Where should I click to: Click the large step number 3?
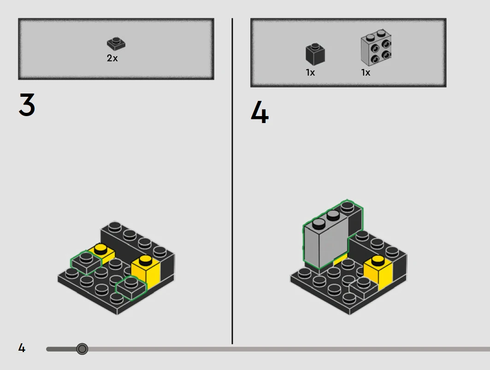(27, 105)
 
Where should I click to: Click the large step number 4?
(260, 112)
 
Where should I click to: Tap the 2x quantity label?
(112, 58)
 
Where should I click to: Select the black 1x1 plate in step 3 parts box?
(116, 44)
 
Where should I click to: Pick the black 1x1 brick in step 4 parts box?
(315, 54)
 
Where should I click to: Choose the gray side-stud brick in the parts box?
(376, 48)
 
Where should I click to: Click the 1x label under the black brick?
(310, 72)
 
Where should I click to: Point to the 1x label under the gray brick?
(366, 72)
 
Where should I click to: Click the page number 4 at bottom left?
(22, 348)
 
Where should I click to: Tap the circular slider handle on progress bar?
(82, 349)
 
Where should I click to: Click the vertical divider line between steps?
(232, 181)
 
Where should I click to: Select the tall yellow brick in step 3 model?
(146, 272)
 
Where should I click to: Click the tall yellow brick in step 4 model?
(378, 272)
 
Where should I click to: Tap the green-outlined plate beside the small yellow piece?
(86, 263)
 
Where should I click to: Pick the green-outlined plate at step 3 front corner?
(130, 288)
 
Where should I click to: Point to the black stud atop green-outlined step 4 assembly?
(348, 206)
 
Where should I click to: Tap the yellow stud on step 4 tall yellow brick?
(378, 260)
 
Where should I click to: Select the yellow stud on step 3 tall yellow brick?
(145, 260)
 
